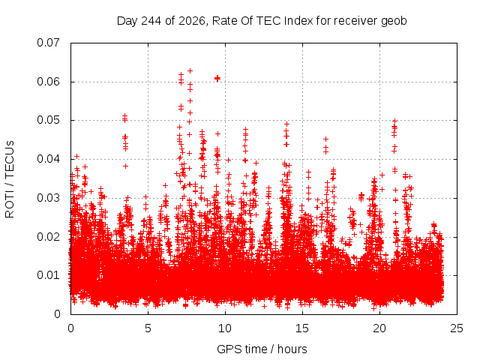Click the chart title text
pos(262,21)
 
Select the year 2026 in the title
pos(192,21)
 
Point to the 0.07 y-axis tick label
pos(48,43)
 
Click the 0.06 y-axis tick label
pos(48,82)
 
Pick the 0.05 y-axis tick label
pos(48,120)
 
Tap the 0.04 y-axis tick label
pos(48,159)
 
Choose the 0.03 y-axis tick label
pos(48,198)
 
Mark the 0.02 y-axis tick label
pos(48,237)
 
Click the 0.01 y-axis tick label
pos(48,275)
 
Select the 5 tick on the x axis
pos(148,328)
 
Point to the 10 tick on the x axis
pos(225,328)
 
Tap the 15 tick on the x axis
pos(302,328)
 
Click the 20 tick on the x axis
pos(379,328)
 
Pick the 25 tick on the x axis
pos(457,328)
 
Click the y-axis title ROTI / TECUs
pos(10,179)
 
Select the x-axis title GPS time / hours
pos(262,349)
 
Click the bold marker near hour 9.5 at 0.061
pos(217,78)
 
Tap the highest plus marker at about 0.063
pos(190,71)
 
